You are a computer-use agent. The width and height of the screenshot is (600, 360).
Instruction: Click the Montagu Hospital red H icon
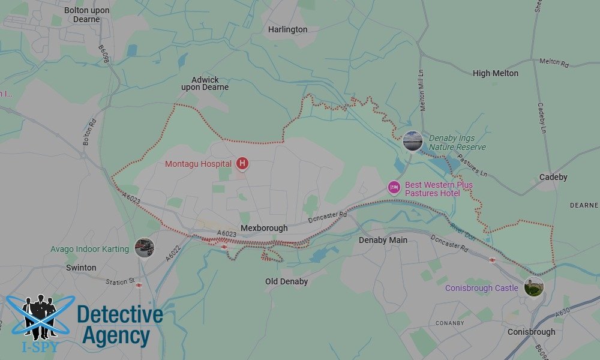coord(242,163)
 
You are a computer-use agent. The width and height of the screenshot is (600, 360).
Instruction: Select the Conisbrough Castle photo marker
coord(533,287)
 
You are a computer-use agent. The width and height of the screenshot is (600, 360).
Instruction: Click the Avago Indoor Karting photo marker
coord(144,247)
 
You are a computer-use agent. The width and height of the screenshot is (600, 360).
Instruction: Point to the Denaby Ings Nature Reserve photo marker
coord(412,141)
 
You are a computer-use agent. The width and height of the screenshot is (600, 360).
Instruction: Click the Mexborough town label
coord(264,228)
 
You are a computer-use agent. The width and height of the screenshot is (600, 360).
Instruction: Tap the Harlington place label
coord(287,29)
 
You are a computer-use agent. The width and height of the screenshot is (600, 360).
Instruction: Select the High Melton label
coord(496,73)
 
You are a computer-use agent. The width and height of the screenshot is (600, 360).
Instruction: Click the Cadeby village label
coord(553,178)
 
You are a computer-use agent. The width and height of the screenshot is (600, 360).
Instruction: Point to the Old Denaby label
coord(286,281)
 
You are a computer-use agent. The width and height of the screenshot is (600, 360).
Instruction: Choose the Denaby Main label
coord(383,240)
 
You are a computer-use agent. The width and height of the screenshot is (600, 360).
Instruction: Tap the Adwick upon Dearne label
coord(205,83)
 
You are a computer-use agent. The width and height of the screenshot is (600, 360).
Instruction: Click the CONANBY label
coord(449,323)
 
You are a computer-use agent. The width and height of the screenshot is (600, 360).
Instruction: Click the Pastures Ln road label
coord(472,163)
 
